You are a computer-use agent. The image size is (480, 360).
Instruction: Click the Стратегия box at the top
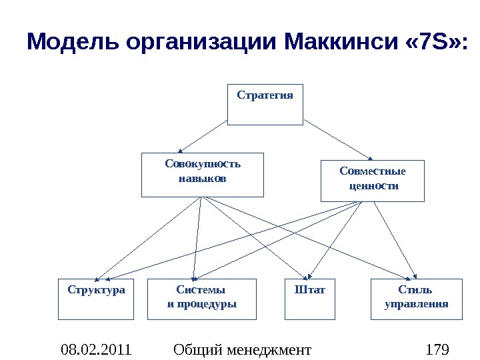coord(265,105)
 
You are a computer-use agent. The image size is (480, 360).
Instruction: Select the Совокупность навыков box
coord(203,175)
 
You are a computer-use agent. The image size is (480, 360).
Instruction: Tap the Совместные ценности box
coord(372,180)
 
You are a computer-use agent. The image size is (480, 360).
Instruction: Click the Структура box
coord(96,299)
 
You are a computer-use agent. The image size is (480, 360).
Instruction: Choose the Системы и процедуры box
coord(201,299)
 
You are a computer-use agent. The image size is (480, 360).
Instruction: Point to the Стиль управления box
coord(415,299)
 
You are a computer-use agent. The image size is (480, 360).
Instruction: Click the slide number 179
coord(437,349)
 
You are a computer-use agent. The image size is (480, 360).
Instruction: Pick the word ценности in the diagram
coord(374,186)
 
